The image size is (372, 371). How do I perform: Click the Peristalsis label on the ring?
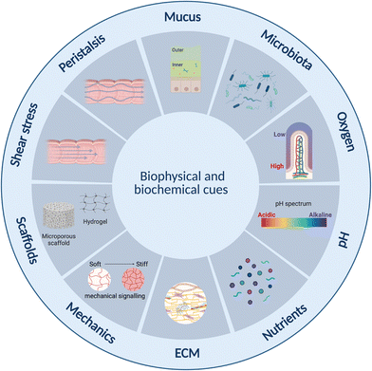coord(80,51)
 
